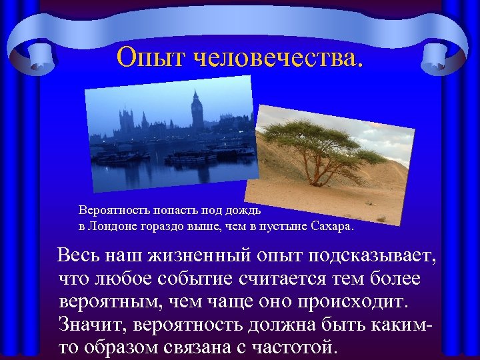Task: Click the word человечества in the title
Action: [x=278, y=58]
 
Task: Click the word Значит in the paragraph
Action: [x=92, y=325]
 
